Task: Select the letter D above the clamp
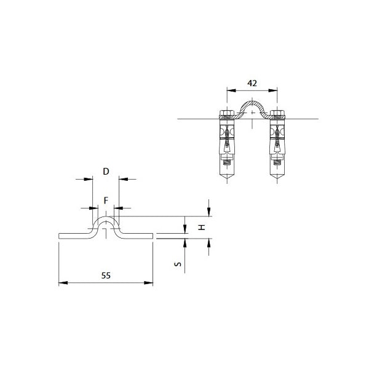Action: [106, 172]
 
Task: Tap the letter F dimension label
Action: [106, 200]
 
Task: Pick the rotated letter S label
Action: [177, 265]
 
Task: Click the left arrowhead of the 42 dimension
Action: [229, 90]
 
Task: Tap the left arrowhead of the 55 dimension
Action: [61, 283]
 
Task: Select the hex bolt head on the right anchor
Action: [277, 114]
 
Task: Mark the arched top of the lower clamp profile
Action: [106, 216]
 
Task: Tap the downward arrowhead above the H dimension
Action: [209, 213]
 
